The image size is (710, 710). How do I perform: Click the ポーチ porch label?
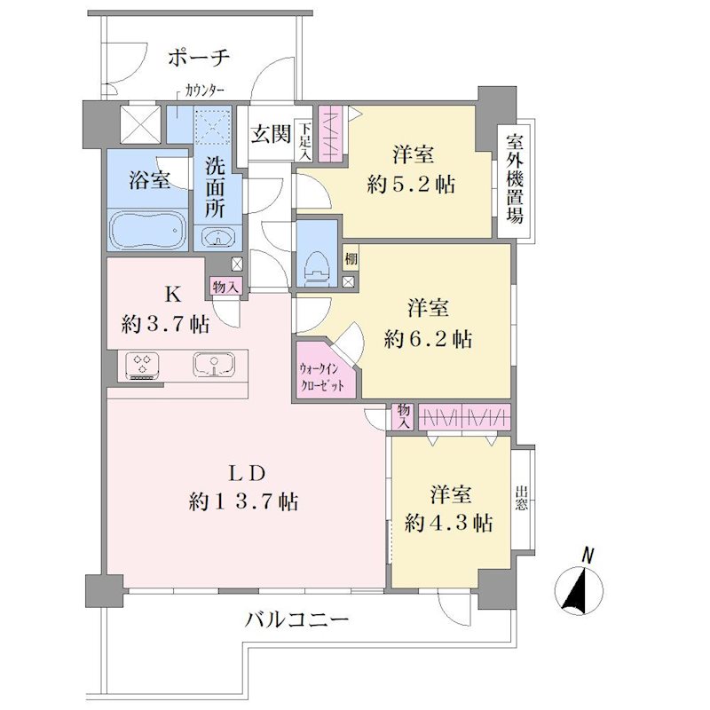click(199, 58)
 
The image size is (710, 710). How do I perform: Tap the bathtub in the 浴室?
click(149, 231)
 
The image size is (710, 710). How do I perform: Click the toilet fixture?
click(317, 267)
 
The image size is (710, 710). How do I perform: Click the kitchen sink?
click(214, 365)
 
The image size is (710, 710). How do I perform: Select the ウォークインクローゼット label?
click(322, 377)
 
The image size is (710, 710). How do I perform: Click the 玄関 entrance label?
click(271, 134)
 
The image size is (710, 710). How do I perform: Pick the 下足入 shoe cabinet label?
click(305, 140)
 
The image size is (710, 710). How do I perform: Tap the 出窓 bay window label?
click(521, 498)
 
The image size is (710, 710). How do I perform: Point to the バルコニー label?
click(297, 619)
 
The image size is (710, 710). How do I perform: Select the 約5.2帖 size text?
click(411, 185)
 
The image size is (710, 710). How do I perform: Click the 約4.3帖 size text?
click(449, 524)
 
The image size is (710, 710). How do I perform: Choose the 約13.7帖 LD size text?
click(243, 501)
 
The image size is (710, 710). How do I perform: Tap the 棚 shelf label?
click(351, 259)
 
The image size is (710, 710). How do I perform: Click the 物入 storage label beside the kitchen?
click(225, 287)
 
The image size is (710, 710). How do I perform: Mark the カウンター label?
click(204, 92)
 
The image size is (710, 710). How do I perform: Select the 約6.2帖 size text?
click(428, 339)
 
